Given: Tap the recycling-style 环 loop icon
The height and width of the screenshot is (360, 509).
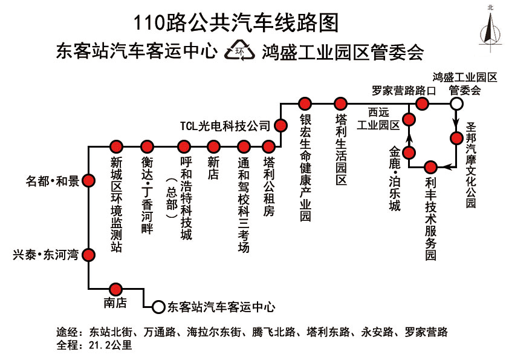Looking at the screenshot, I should pyautogui.click(x=239, y=51).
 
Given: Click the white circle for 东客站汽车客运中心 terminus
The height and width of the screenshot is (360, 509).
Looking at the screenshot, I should pyautogui.click(x=158, y=307).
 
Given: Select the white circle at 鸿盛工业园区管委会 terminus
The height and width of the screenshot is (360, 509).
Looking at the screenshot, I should pyautogui.click(x=457, y=104).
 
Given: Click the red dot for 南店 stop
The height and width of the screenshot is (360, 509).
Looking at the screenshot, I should pyautogui.click(x=117, y=288).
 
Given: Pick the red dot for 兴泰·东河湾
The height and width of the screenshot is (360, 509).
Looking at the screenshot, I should pyautogui.click(x=89, y=255).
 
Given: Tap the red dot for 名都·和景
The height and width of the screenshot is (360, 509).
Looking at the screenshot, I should pyautogui.click(x=89, y=180).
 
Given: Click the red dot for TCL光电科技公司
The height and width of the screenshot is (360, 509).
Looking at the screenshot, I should pyautogui.click(x=281, y=125).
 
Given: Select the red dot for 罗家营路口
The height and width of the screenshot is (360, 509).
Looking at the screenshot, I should pyautogui.click(x=422, y=104).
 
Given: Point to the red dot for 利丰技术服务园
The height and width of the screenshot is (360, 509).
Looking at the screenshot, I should pyautogui.click(x=430, y=166).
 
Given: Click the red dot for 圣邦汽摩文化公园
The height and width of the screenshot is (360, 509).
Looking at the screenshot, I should pyautogui.click(x=457, y=138).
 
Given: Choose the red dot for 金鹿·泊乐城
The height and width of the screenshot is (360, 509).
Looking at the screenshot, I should pyautogui.click(x=409, y=151).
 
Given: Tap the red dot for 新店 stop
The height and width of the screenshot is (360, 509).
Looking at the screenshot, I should pyautogui.click(x=213, y=146).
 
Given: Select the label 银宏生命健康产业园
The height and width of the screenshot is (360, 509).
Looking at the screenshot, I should pyautogui.click(x=305, y=168).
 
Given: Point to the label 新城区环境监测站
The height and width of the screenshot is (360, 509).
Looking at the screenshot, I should pyautogui.click(x=117, y=205).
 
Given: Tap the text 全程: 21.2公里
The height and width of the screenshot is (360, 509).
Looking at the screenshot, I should pyautogui.click(x=94, y=345).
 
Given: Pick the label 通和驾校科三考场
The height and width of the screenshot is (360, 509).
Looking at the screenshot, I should pyautogui.click(x=244, y=205).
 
